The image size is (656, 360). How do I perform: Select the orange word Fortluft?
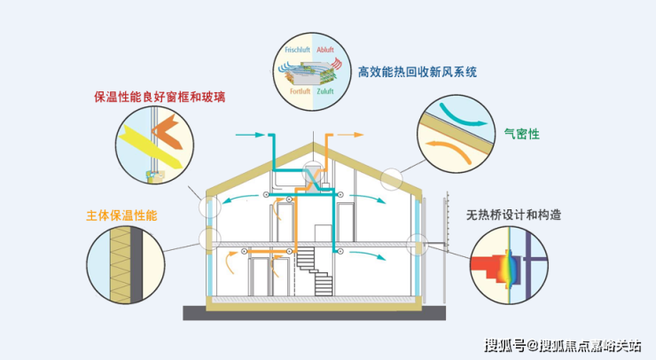tap(300, 90)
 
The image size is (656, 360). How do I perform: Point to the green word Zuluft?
tap(326, 90)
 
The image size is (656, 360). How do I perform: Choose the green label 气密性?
tap(521, 135)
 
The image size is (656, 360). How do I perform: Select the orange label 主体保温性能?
tap(121, 215)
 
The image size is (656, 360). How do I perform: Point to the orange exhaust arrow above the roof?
tap(351, 135)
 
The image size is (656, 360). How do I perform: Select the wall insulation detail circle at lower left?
tap(125, 263)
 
